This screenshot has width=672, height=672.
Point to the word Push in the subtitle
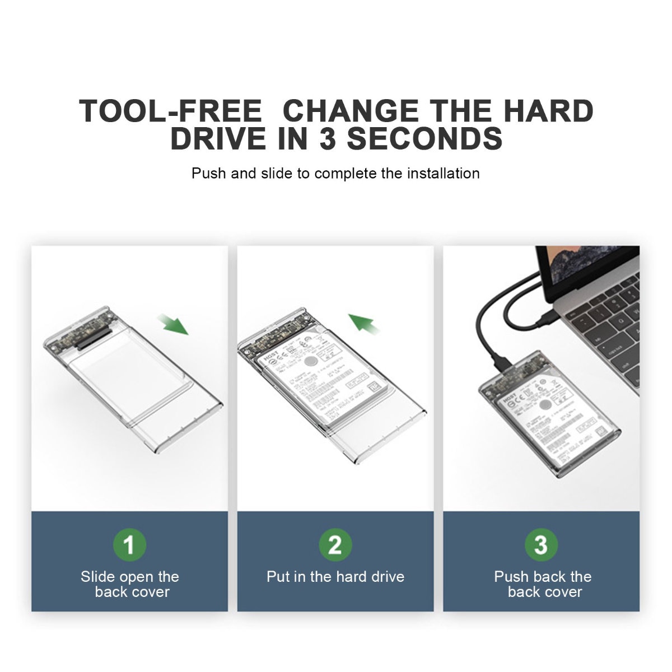click(209, 173)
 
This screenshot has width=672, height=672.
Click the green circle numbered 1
click(129, 544)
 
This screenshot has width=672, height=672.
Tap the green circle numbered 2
click(335, 544)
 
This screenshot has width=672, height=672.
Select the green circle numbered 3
click(540, 544)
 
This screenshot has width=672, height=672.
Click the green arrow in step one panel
click(173, 324)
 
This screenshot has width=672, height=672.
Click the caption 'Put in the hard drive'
click(335, 577)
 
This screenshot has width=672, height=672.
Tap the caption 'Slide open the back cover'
click(130, 584)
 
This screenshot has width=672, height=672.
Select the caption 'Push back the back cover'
click(543, 584)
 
